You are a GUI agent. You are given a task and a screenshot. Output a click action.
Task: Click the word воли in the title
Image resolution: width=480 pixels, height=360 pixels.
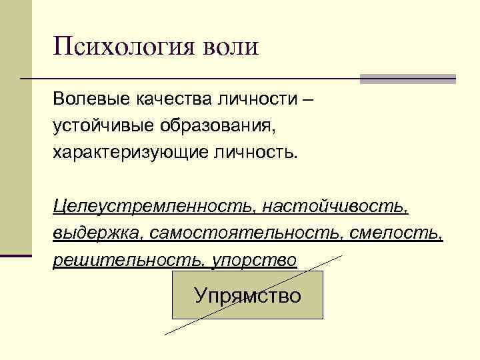(225, 48)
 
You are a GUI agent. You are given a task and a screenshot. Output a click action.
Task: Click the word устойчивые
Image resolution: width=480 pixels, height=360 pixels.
(101, 126)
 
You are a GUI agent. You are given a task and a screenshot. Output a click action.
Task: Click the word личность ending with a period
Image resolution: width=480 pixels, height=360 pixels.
(249, 153)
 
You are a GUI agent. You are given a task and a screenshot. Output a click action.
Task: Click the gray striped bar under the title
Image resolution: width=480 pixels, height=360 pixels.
(407, 79)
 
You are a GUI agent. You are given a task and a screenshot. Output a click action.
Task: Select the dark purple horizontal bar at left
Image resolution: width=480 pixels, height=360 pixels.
(15, 255)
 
